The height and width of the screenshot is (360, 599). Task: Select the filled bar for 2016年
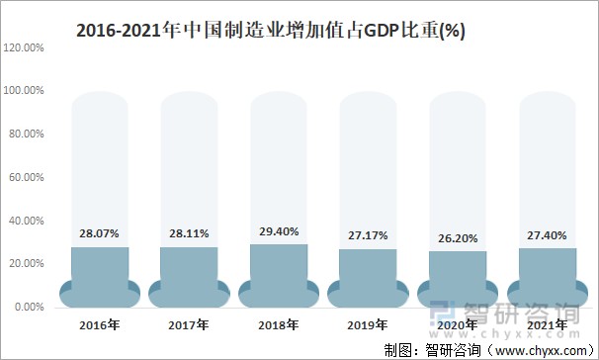[100, 272]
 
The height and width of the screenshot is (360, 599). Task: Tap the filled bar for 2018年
[279, 270]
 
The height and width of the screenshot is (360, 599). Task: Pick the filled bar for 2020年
[458, 275]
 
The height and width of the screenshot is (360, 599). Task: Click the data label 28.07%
[100, 233]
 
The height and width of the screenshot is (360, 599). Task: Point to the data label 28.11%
[189, 233]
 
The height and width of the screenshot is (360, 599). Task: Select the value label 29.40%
[279, 231]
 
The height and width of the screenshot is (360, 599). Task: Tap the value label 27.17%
[368, 235]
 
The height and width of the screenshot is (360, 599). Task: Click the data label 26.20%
[458, 238]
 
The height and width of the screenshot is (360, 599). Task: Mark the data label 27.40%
[547, 235]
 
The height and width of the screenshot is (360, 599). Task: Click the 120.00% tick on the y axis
[24, 46]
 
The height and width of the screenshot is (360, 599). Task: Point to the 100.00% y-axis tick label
[24, 90]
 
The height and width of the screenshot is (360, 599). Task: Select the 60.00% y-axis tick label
[26, 177]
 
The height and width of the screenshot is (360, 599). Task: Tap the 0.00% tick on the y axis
[29, 308]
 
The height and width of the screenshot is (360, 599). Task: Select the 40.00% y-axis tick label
[26, 221]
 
